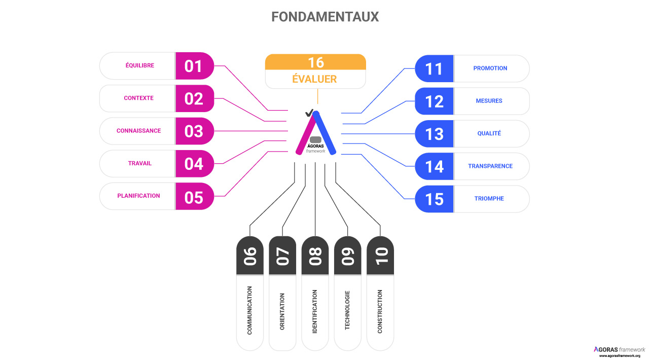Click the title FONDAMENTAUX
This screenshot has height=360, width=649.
325,17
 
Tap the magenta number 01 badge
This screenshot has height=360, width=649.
194,66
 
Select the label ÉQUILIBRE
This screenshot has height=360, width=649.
140,65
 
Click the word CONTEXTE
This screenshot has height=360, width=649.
138,98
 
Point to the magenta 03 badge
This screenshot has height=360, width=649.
194,131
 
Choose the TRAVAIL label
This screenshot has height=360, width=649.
140,163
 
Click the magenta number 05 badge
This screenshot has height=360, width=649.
194,197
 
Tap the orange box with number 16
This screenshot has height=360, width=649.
315,62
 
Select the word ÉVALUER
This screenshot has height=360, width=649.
314,80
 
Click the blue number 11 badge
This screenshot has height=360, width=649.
435,68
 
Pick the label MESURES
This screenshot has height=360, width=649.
489,101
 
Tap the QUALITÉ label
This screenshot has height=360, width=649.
489,133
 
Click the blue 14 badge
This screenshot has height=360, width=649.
435,166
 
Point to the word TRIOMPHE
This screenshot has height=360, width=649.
489,199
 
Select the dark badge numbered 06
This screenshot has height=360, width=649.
250,256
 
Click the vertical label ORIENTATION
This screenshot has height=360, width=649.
282,312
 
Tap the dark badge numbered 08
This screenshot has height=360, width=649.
315,256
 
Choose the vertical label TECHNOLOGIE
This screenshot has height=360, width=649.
347,310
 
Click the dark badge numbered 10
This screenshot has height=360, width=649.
380,256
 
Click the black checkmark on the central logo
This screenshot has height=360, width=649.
308,113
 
